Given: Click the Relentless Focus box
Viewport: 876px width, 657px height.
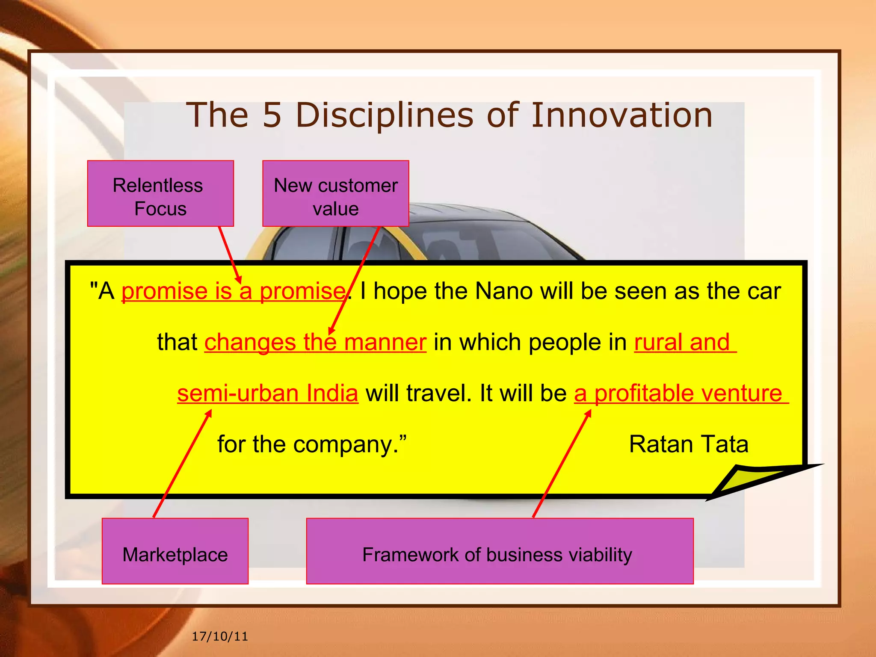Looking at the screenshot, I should click(160, 193).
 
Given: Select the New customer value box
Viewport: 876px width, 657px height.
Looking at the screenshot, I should click(335, 193).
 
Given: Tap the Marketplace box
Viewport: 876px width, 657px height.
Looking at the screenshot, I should click(175, 551).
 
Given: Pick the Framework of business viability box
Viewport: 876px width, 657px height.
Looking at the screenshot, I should click(500, 551).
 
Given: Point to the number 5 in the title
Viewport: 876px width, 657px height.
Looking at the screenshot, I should click(272, 115).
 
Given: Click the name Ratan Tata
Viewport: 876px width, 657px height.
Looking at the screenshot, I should click(688, 444).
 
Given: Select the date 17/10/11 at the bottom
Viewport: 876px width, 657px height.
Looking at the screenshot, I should click(220, 636).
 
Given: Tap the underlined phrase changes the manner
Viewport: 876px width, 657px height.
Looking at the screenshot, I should click(315, 343).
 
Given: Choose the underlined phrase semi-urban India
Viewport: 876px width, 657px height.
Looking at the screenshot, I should click(268, 393).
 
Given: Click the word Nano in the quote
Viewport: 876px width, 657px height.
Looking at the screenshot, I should click(503, 291).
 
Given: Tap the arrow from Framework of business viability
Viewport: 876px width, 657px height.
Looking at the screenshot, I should click(562, 464).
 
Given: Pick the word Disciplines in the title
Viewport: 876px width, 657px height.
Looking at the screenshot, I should click(385, 115).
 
